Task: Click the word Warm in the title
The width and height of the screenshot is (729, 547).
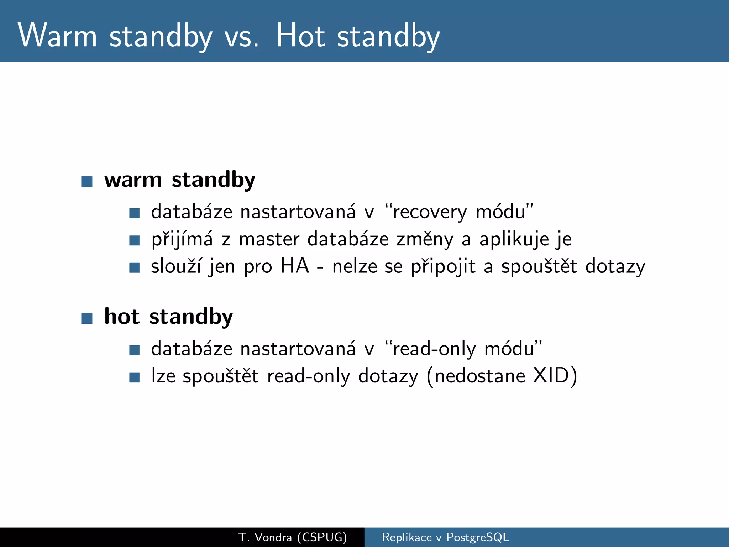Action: [57, 36]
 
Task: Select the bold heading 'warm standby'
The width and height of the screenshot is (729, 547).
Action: [179, 180]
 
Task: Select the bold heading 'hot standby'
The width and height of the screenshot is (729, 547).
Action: [168, 317]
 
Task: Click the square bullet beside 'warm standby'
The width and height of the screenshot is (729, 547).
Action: [87, 181]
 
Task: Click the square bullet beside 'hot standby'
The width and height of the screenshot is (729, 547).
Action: [87, 318]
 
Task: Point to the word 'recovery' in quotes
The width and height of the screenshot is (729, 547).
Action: [429, 212]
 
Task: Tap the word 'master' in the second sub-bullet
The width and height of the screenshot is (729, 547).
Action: [269, 239]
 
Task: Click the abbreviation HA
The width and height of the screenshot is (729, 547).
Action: [294, 266]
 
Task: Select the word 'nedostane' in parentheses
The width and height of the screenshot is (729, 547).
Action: [480, 376]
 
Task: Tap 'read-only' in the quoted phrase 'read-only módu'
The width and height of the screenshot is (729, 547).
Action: [434, 349]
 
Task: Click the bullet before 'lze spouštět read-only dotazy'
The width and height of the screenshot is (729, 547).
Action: [134, 377]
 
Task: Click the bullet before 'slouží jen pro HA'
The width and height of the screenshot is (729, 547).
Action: [134, 267]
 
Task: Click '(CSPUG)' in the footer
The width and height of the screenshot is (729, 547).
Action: [322, 537]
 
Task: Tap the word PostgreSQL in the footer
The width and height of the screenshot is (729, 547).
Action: [477, 537]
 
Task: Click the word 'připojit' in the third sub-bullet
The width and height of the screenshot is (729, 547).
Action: [443, 267]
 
